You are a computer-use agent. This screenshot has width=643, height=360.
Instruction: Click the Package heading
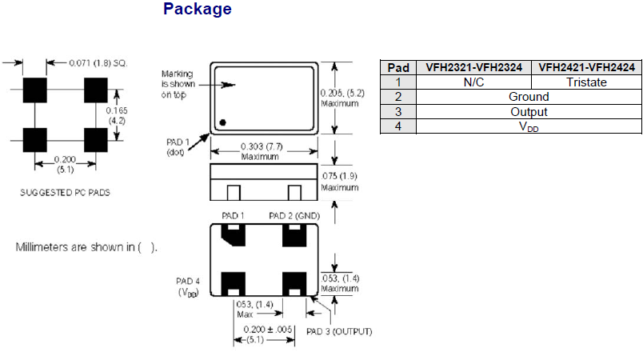click(197, 10)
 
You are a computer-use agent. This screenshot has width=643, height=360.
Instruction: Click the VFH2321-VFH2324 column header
click(473, 68)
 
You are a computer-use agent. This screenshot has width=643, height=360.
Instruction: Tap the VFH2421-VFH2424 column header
click(586, 68)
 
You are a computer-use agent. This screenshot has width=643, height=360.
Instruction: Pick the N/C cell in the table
click(473, 82)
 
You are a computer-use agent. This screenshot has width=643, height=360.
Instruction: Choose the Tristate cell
click(586, 82)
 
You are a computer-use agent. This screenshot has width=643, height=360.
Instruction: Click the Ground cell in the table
click(529, 97)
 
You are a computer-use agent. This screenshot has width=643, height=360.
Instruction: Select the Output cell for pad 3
click(529, 111)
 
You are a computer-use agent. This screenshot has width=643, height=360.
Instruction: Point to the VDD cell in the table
click(529, 126)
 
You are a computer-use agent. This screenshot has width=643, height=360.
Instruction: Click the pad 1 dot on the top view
click(224, 122)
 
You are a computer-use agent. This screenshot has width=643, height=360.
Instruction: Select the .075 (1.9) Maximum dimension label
click(341, 181)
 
